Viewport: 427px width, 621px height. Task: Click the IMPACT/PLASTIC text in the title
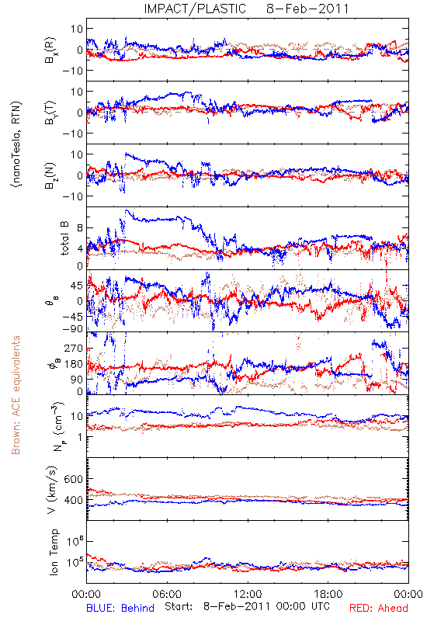click(x=195, y=9)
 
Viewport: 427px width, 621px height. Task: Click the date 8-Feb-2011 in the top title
click(x=307, y=9)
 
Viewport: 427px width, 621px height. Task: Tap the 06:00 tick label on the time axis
click(x=167, y=594)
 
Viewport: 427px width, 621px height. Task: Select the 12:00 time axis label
click(x=248, y=594)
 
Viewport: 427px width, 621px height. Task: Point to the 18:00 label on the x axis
click(x=328, y=594)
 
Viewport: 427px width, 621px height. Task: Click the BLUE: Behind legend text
click(x=120, y=608)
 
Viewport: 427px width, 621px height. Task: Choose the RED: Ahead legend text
click(x=379, y=608)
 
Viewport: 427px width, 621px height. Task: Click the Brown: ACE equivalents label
click(x=16, y=395)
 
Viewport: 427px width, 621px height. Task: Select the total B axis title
click(x=64, y=238)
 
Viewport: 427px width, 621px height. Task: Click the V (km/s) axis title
click(x=52, y=490)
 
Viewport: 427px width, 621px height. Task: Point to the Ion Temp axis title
click(x=54, y=552)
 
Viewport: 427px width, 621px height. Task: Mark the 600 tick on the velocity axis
click(x=73, y=479)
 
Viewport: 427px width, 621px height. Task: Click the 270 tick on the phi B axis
click(x=73, y=348)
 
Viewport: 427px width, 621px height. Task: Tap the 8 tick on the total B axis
click(x=80, y=228)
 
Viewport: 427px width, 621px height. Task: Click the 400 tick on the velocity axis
click(x=73, y=500)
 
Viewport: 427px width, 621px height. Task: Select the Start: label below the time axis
click(x=179, y=606)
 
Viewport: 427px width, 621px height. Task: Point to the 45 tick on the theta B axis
click(x=76, y=286)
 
